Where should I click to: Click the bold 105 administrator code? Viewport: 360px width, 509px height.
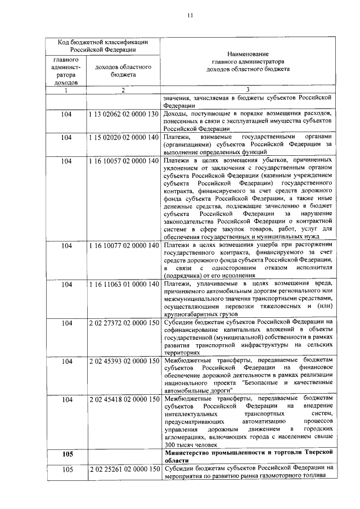66,453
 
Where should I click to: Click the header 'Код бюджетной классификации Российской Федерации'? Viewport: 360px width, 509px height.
103,46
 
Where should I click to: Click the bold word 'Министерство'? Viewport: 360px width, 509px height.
189,452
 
